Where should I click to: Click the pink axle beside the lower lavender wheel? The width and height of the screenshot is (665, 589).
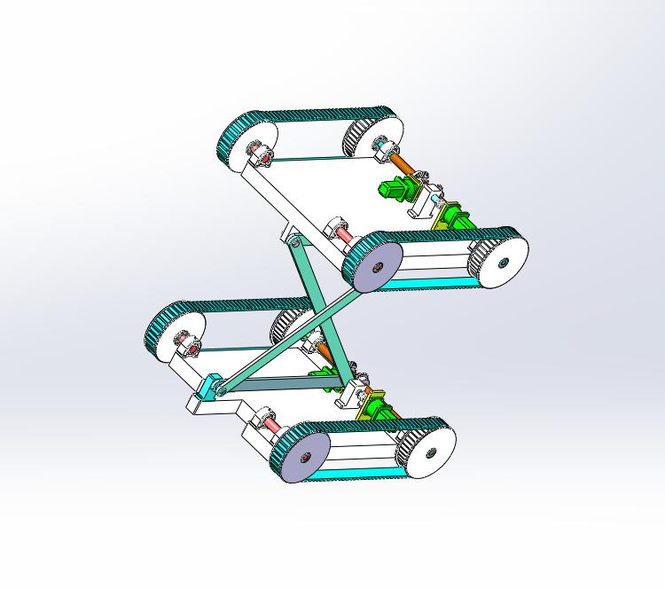click(x=271, y=428)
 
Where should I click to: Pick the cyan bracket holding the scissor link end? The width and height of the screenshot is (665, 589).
click(x=212, y=389)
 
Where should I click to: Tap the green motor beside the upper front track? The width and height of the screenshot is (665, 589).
click(x=454, y=217)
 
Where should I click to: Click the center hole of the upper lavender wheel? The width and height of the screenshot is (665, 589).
click(x=376, y=264)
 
